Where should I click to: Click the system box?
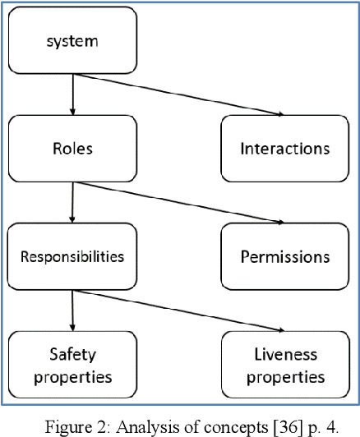[72, 40]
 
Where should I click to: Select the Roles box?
[72, 149]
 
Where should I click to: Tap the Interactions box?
[284, 149]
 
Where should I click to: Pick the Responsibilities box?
[72, 256]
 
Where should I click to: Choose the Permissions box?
[284, 256]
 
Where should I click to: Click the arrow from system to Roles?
[72, 94]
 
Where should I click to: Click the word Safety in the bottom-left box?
[72, 356]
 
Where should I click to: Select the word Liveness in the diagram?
[284, 356]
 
